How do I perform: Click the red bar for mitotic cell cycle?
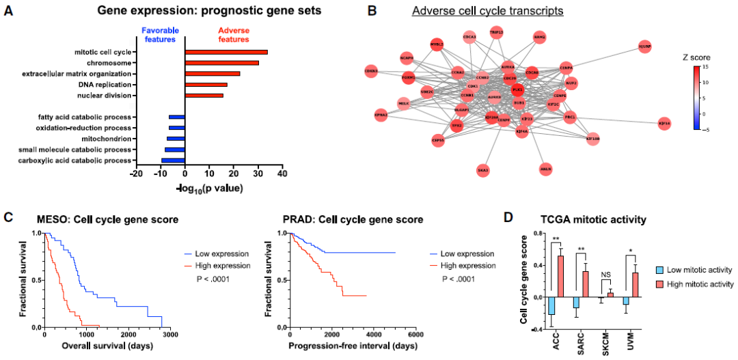tap(225, 52)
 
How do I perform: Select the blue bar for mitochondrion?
tap(176, 139)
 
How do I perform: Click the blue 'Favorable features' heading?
tap(160, 36)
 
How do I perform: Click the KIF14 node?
tap(664, 123)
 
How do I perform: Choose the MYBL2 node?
tap(437, 44)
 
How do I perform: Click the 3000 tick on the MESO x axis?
tap(170, 335)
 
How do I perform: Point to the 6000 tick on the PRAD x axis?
tap(415, 335)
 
